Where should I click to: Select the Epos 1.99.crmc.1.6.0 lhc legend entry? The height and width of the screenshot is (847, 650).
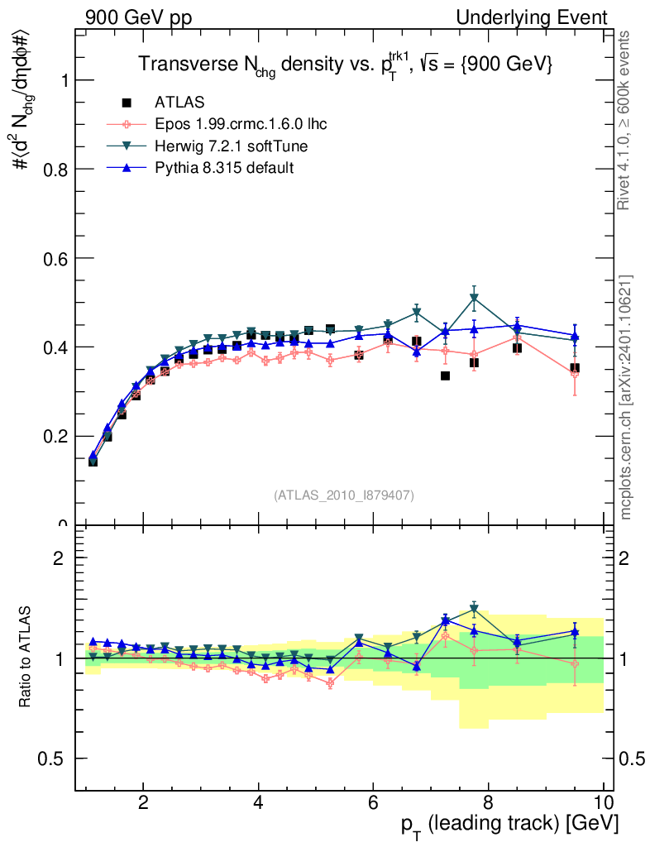pos(241,125)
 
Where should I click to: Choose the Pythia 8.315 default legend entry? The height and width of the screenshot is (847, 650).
pos(224,168)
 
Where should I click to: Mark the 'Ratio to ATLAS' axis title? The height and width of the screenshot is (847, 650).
pos(26,658)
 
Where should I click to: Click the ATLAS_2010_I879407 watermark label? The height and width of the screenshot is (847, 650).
pos(344,495)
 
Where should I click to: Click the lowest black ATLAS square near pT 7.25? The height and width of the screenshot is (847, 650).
pos(445,376)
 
